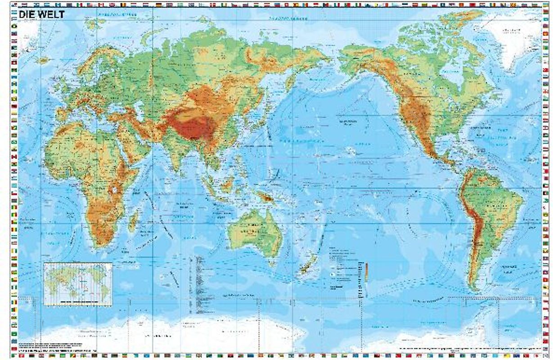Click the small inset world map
click(78, 283)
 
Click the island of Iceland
click(44, 60)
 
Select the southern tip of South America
click(473, 286)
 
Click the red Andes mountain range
click(472, 225)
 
